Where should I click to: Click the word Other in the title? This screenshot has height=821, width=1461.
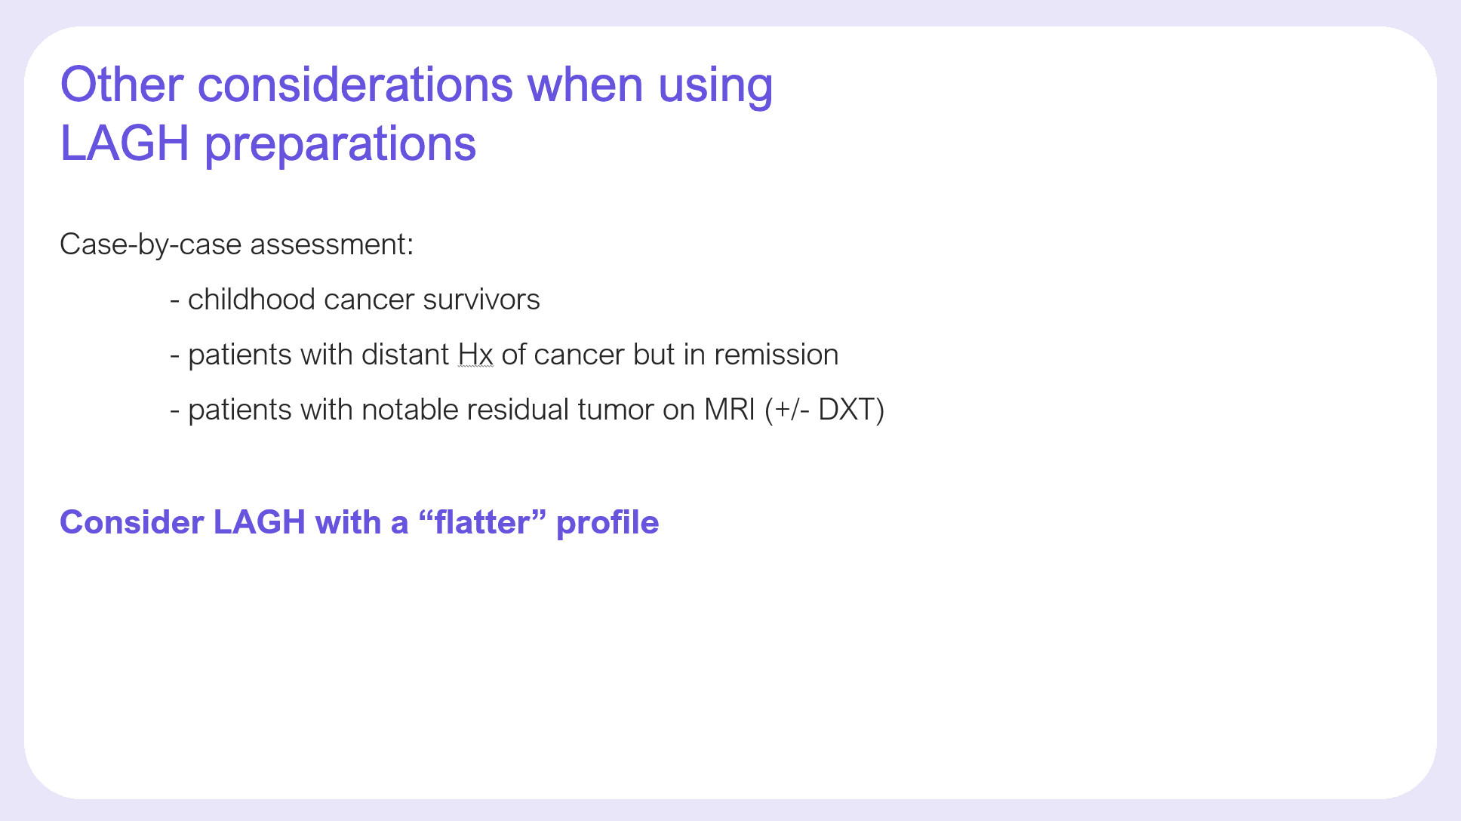tap(121, 85)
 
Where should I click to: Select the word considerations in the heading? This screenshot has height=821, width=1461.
tap(355, 85)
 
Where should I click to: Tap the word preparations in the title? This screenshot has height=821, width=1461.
tap(340, 144)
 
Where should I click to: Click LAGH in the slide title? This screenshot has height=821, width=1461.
tap(125, 143)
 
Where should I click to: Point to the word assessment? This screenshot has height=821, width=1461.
tap(332, 244)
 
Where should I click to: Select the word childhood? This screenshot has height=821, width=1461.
tap(251, 300)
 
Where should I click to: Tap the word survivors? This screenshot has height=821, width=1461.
tap(481, 300)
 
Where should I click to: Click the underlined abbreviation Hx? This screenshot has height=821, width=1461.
tap(475, 355)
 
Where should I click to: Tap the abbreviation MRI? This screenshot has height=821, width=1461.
tap(730, 410)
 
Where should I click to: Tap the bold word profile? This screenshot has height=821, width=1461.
tap(607, 523)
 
